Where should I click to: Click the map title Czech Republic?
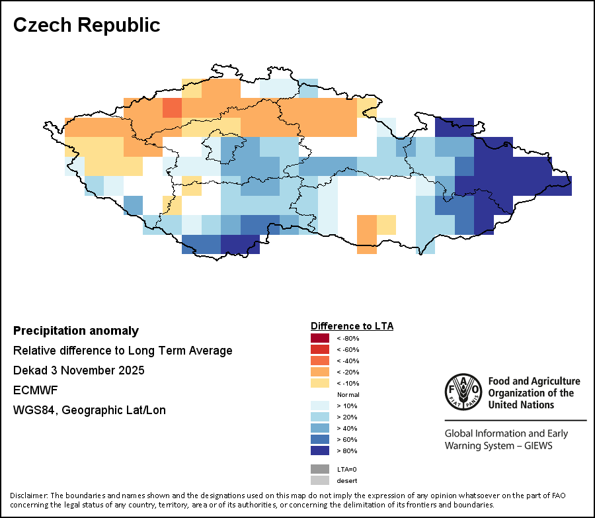click(87, 25)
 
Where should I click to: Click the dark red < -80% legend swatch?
click(320, 338)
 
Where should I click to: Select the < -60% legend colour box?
click(320, 349)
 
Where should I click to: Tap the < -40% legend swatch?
click(320, 361)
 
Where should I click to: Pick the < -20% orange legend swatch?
click(320, 372)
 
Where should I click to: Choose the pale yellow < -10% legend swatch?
click(320, 383)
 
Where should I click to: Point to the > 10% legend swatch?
click(320, 406)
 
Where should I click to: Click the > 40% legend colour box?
click(320, 428)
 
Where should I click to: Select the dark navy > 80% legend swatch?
click(320, 451)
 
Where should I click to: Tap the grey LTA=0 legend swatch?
click(320, 469)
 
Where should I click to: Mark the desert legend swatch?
click(320, 480)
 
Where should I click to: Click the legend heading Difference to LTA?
click(352, 326)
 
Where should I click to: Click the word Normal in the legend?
click(348, 394)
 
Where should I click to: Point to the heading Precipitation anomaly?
click(76, 331)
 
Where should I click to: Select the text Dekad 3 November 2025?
click(79, 370)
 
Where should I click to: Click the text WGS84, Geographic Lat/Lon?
click(89, 410)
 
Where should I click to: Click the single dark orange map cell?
click(172, 107)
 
